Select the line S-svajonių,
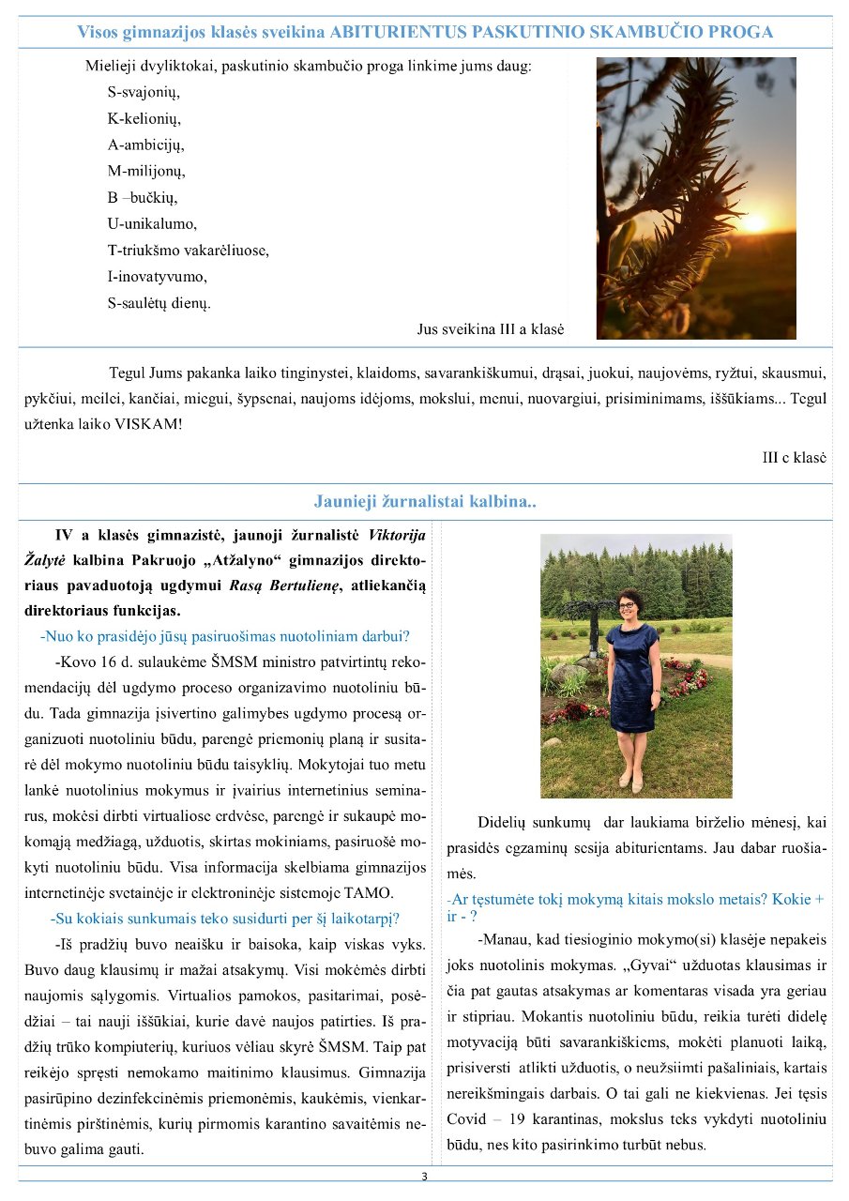point(144,92)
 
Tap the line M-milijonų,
point(146,171)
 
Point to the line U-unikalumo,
point(152,223)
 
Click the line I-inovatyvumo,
point(157,277)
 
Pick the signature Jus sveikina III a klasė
point(490,329)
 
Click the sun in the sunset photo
point(753,223)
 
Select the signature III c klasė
point(794,458)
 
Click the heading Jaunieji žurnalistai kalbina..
point(425,501)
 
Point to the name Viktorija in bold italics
point(397,536)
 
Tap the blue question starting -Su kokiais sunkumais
point(225,918)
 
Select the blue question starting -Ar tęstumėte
point(635,906)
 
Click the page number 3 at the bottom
point(424,1177)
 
